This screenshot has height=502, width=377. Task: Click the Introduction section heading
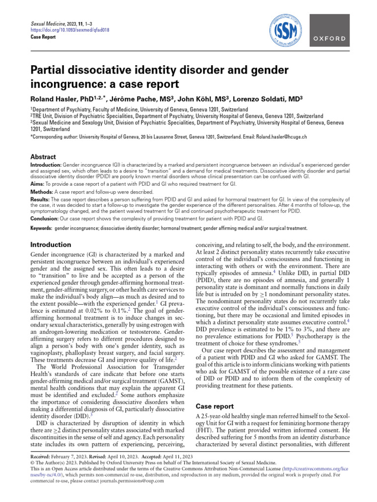pyautogui.click(x=51, y=244)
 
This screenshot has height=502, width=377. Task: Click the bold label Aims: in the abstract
pyautogui.click(x=38, y=182)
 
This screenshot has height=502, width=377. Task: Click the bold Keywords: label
pyautogui.click(x=41, y=228)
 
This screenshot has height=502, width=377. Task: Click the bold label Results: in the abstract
pyautogui.click(x=41, y=200)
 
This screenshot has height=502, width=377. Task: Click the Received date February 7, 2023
pyautogui.click(x=70, y=456)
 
